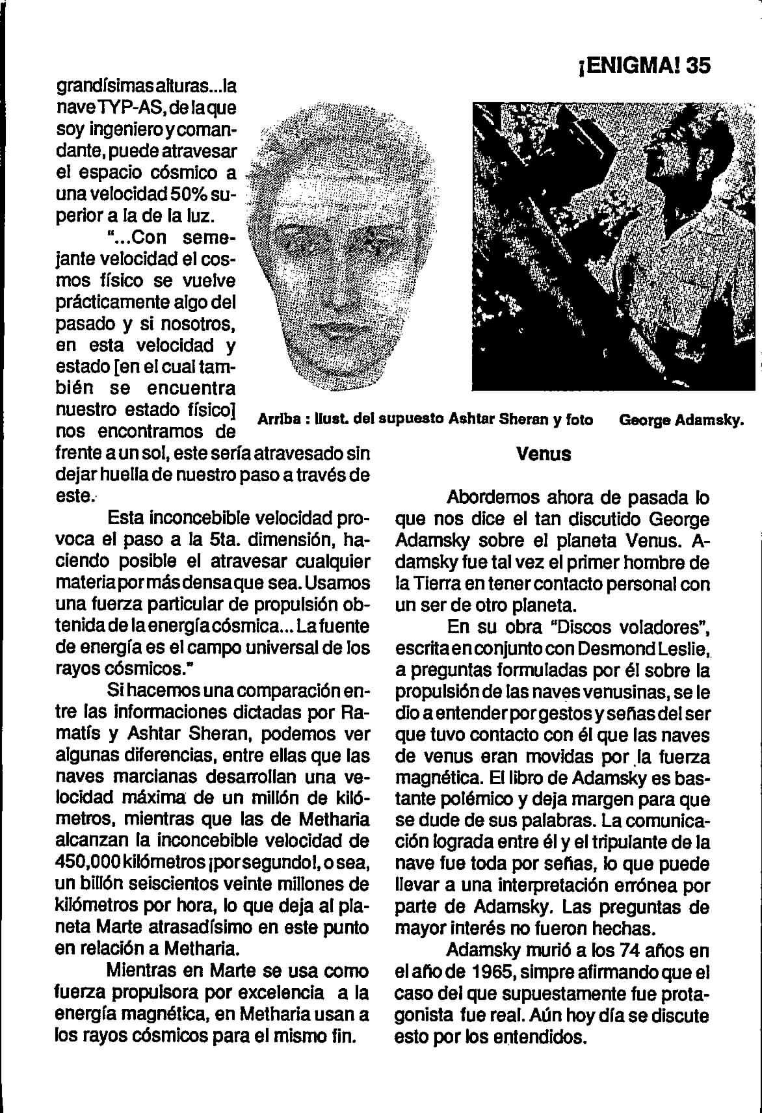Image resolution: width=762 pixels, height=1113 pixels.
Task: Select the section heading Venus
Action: coord(544,454)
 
